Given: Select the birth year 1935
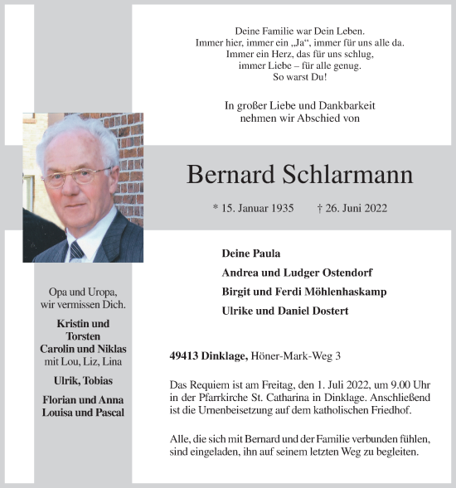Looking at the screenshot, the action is pos(279,209).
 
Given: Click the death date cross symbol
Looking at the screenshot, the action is pos(320,209).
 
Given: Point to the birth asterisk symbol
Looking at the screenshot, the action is pos(216,209).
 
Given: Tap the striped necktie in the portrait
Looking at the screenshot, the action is pos(77,249).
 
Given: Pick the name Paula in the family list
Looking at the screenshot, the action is pos(265,253).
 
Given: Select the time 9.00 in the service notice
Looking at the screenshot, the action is pos(390,385).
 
